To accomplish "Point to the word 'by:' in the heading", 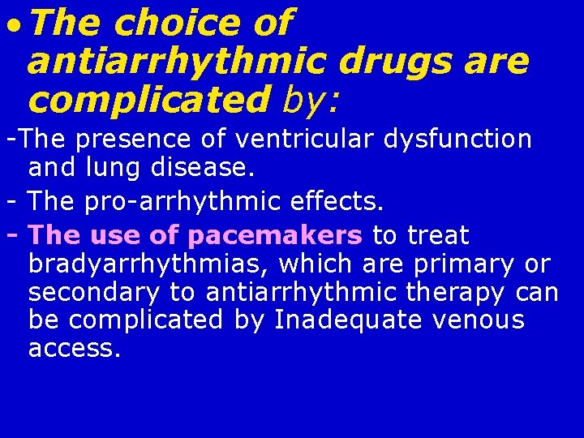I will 312,101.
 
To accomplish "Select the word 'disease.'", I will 204,169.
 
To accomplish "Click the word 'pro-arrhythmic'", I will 178,200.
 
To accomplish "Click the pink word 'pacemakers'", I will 275,235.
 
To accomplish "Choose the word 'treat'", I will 438,235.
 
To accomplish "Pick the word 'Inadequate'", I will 349,320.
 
